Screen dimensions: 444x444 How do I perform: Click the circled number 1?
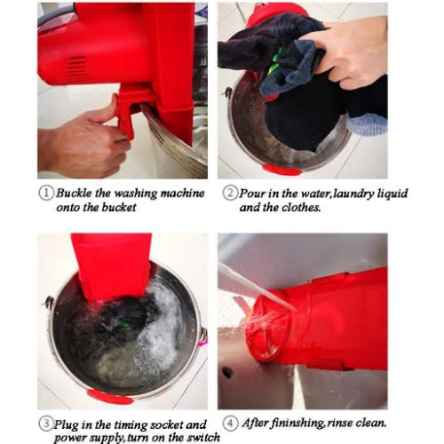[46, 193]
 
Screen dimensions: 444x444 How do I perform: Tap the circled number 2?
[230, 193]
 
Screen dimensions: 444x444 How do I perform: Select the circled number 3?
[46, 424]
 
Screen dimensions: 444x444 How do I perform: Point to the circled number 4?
[230, 424]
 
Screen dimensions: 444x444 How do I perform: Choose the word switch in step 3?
[204, 438]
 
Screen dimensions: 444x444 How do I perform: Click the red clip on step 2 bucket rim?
[281, 170]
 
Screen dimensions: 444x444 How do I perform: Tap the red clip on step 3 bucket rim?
[109, 397]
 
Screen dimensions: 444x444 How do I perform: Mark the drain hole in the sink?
[227, 373]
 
